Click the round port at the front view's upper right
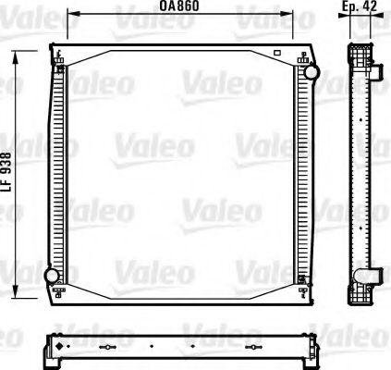tap(312, 70)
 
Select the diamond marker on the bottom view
tap(61, 348)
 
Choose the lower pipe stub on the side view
tap(377, 275)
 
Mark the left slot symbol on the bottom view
tap(108, 349)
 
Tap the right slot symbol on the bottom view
tap(256, 349)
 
